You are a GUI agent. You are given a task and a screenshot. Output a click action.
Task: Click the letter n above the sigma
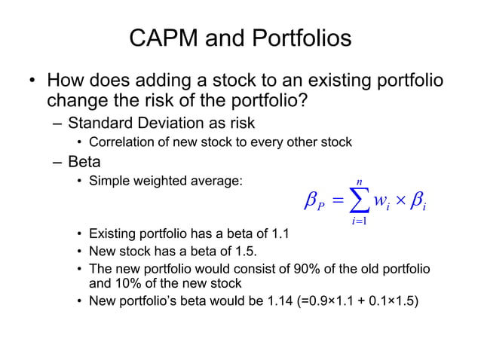pos(360,181)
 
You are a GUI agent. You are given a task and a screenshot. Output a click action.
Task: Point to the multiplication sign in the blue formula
pos(403,201)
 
